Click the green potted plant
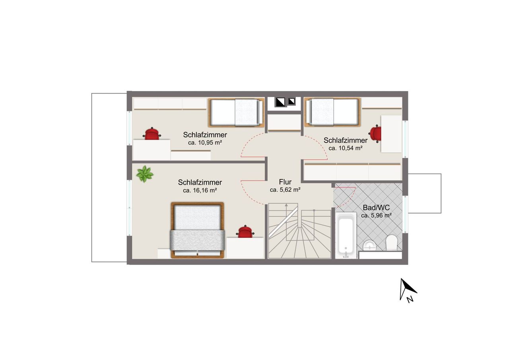pos(145,174)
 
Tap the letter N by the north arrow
pos(410,300)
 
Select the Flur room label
pos(285,182)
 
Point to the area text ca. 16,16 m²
pos(200,191)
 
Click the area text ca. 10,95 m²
pos(205,143)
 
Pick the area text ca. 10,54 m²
pos(346,148)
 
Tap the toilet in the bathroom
pos(392,243)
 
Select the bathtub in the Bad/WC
pos(346,235)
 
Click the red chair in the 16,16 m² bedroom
pos(245,232)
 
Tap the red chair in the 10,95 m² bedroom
pos(152,134)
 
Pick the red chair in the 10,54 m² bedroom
pos(375,134)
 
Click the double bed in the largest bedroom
pos(197,230)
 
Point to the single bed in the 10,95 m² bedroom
pos(236,113)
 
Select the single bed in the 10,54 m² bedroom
pos(332,112)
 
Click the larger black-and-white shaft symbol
pos(280,102)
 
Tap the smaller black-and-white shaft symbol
pos(291,101)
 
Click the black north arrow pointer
pos(406,289)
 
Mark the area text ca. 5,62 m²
pos(285,190)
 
